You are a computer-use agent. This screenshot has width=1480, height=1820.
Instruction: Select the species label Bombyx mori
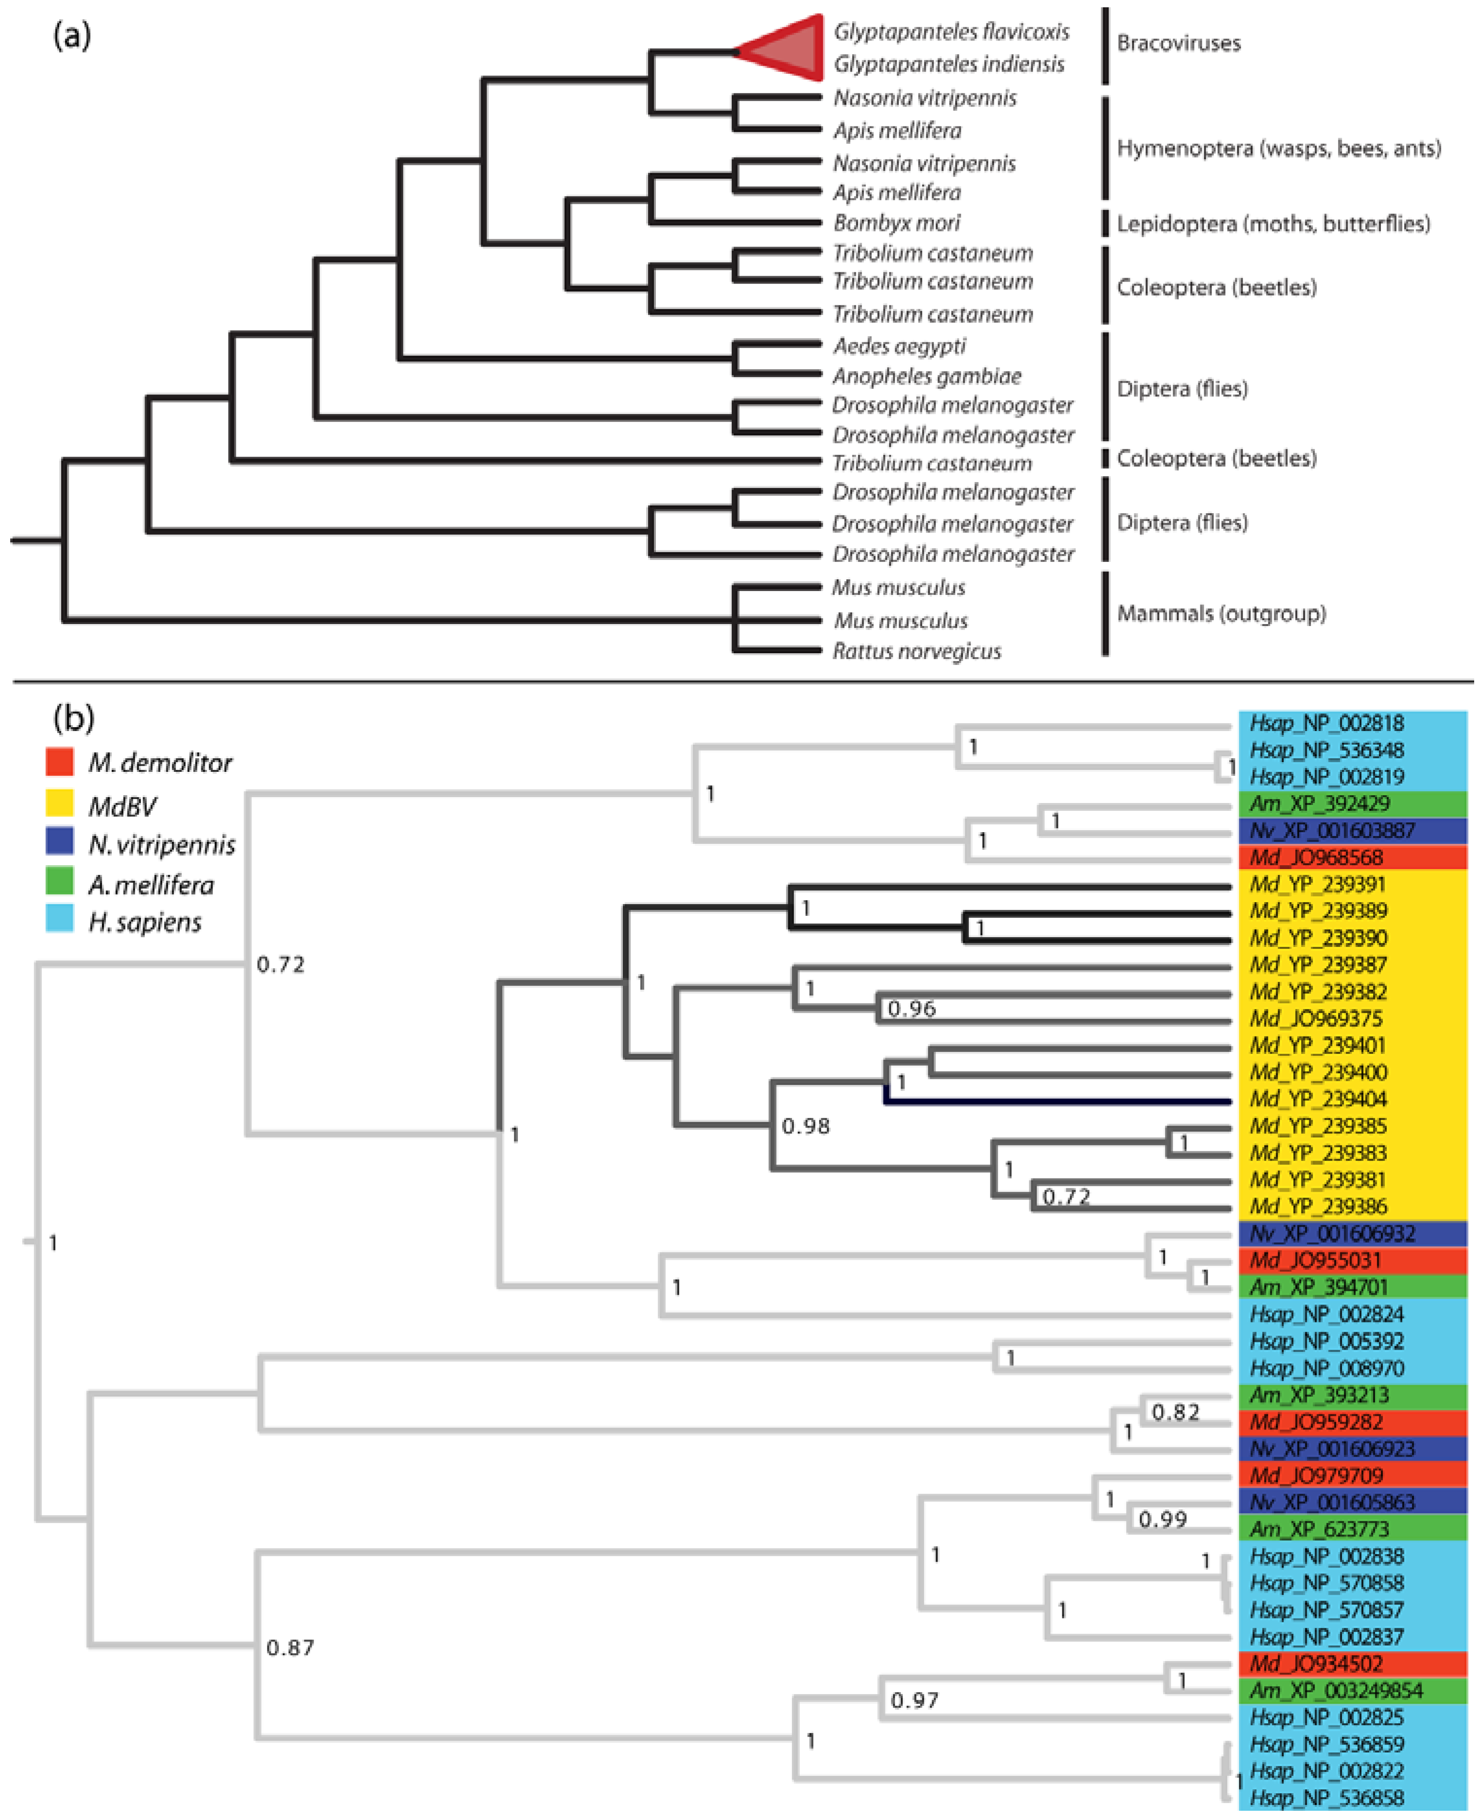point(896,223)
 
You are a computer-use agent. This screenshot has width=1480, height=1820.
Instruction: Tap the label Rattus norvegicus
point(916,652)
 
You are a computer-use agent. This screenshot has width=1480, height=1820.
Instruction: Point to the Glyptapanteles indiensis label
point(949,64)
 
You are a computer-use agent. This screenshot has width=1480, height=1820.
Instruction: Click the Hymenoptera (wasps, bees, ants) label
point(1278,148)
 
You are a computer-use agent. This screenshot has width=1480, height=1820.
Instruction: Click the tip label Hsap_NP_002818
point(1326,723)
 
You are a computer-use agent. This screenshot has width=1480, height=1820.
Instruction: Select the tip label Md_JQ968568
point(1316,857)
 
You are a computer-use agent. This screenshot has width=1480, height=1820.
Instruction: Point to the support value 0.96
point(911,1009)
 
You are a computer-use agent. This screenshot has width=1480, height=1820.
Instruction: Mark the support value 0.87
point(290,1647)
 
